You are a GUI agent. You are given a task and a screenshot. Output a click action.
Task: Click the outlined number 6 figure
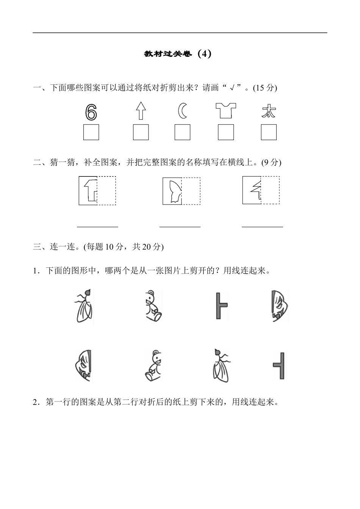coord(91,112)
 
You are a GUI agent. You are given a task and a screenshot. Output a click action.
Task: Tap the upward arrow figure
coord(141,111)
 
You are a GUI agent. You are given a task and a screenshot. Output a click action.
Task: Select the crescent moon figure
coord(182,111)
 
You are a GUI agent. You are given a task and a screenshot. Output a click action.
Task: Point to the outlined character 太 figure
coord(269,111)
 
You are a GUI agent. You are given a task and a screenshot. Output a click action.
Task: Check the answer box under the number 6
coord(91,132)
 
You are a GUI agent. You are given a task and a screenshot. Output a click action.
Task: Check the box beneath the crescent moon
coord(182,132)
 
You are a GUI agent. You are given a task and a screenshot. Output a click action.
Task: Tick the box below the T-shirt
coord(226,132)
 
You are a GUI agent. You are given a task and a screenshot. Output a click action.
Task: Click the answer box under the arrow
coord(141,132)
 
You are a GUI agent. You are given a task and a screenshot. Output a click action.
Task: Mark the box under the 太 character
coord(269,132)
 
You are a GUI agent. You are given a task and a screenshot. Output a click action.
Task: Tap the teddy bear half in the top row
coord(154,306)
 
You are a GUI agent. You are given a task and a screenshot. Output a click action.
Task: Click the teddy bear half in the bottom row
coord(153,365)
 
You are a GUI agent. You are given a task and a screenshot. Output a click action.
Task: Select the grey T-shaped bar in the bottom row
coord(279,365)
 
